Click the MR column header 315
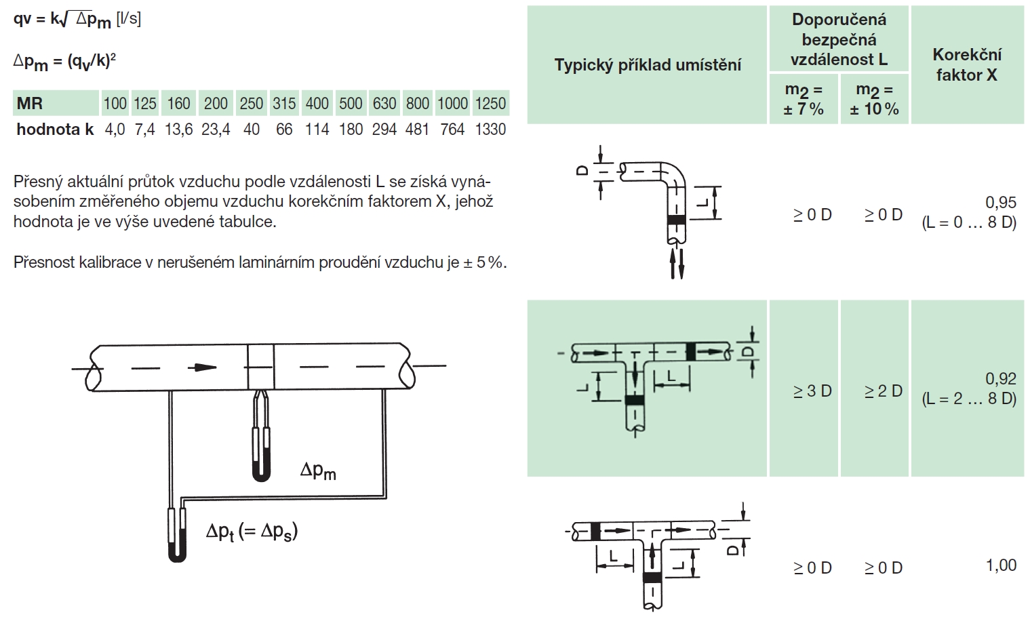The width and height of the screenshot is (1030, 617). pyautogui.click(x=283, y=103)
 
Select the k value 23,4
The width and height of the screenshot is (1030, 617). pyautogui.click(x=216, y=130)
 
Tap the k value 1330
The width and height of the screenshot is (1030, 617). pyautogui.click(x=490, y=130)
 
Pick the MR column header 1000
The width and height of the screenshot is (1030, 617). pyautogui.click(x=452, y=103)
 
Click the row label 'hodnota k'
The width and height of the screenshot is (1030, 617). pyautogui.click(x=55, y=130)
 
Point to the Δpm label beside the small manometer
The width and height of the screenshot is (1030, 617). pyautogui.click(x=318, y=471)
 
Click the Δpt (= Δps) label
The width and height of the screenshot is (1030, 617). pyautogui.click(x=252, y=532)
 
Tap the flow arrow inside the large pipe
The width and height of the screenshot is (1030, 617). pyautogui.click(x=202, y=367)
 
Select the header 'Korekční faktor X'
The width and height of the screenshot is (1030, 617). pyautogui.click(x=967, y=65)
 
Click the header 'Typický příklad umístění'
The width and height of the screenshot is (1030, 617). pyautogui.click(x=648, y=65)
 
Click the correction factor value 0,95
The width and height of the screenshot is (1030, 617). pyautogui.click(x=1001, y=202)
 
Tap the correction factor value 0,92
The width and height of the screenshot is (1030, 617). pyautogui.click(x=1001, y=378)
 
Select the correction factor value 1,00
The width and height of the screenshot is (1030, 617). pyautogui.click(x=1001, y=565)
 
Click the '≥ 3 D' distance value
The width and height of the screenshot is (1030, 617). pyautogui.click(x=812, y=391)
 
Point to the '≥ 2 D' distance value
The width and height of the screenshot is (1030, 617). pyautogui.click(x=884, y=391)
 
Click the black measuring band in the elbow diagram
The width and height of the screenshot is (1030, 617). pyautogui.click(x=676, y=220)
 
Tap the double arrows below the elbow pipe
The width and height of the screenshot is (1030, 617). pyautogui.click(x=677, y=264)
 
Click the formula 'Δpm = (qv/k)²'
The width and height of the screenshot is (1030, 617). pyautogui.click(x=64, y=62)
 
